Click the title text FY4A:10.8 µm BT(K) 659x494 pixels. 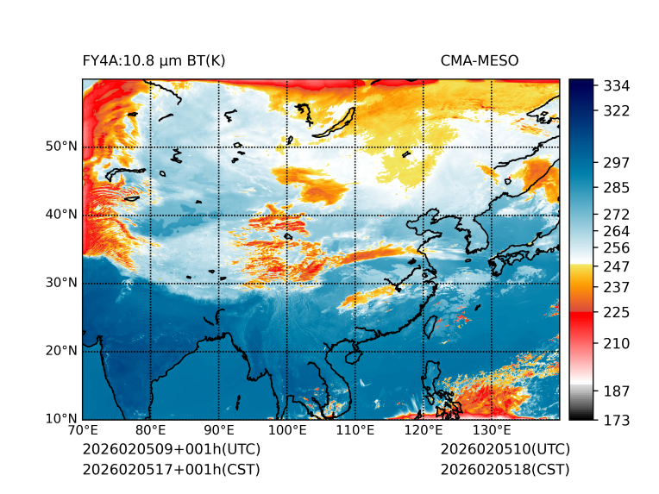click(154, 60)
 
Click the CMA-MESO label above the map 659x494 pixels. click(480, 60)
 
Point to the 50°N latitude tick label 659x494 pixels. click(62, 147)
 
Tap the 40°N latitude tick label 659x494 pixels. click(62, 215)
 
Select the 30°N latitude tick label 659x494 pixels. click(62, 283)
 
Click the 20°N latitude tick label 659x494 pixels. click(62, 351)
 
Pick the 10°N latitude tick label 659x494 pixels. click(62, 419)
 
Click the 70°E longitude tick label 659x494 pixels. click(83, 430)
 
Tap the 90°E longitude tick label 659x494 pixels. click(219, 430)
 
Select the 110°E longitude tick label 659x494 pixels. click(355, 430)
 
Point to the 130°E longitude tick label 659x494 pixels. click(491, 430)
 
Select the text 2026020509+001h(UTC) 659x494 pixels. click(171, 450)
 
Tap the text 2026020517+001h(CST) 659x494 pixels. click(171, 470)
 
